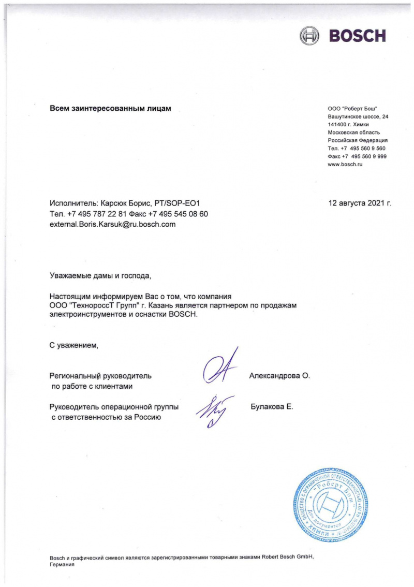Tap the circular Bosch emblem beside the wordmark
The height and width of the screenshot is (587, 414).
(x=309, y=36)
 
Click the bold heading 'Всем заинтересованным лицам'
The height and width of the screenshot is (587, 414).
(x=110, y=108)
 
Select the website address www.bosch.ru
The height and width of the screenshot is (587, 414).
(x=345, y=164)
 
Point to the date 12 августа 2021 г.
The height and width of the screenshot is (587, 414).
(x=360, y=203)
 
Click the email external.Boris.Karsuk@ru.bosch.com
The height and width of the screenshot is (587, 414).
(x=113, y=224)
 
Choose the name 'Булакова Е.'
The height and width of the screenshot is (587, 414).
(x=272, y=406)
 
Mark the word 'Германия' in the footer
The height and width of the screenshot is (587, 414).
(x=63, y=565)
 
